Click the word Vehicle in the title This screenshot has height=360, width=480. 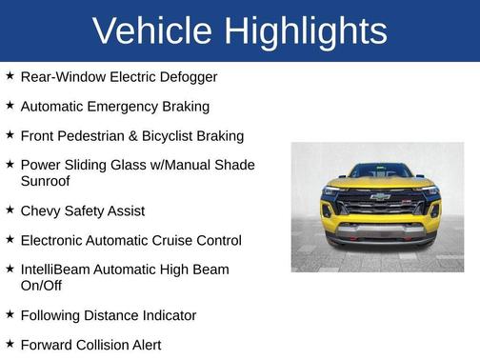coord(152,30)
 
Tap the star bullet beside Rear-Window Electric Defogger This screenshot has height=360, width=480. coord(10,75)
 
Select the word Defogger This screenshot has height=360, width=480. coord(187,76)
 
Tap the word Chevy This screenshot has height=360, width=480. coord(41,210)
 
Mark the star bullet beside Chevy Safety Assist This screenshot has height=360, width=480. coord(10,210)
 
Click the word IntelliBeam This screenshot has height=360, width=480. coord(59,270)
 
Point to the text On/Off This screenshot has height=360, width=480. coord(44,285)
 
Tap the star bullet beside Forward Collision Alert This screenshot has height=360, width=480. coord(10,344)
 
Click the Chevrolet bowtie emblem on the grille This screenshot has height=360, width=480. coord(380,196)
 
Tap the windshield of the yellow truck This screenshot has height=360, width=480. coord(379,171)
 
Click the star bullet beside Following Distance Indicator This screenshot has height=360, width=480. coord(10,314)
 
